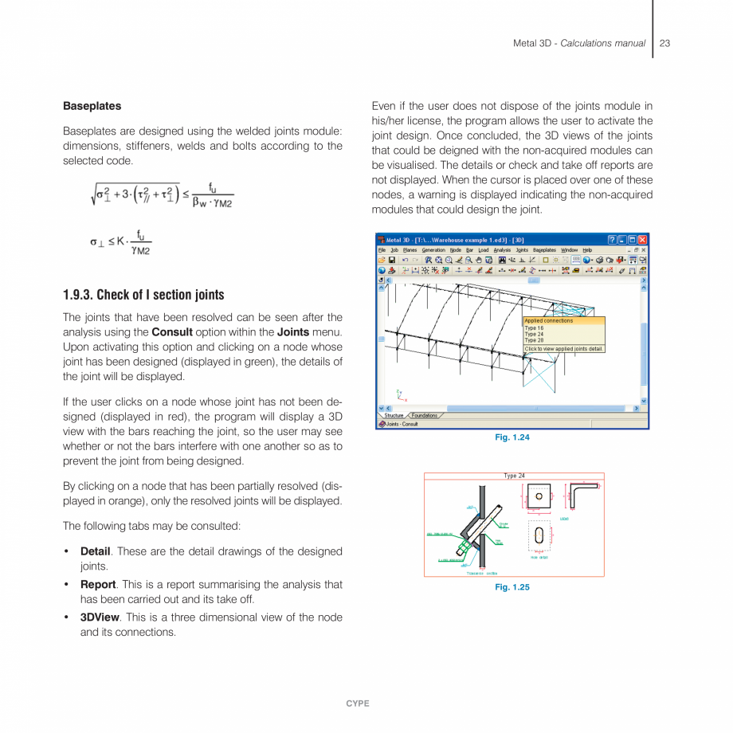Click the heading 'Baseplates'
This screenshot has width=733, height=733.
tap(92, 106)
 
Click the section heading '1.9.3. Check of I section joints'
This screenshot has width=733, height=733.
tap(143, 296)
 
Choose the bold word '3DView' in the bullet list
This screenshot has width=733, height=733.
tap(99, 617)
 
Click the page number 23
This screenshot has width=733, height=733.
tap(664, 43)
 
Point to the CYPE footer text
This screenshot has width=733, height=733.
tap(357, 704)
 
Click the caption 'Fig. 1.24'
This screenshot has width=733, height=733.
tap(512, 437)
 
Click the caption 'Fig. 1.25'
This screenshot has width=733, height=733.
tap(512, 587)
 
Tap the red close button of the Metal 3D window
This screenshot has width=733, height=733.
tap(643, 240)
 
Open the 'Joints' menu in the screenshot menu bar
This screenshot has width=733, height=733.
tap(522, 250)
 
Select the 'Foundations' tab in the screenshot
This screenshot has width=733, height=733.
tap(424, 415)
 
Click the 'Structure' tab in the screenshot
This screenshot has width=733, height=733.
tap(394, 415)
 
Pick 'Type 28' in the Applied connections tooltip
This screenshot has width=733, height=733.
tap(534, 340)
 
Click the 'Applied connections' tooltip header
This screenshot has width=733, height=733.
tap(548, 321)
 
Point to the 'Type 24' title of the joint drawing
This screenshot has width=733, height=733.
tap(514, 476)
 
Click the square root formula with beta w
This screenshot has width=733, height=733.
tap(163, 196)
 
